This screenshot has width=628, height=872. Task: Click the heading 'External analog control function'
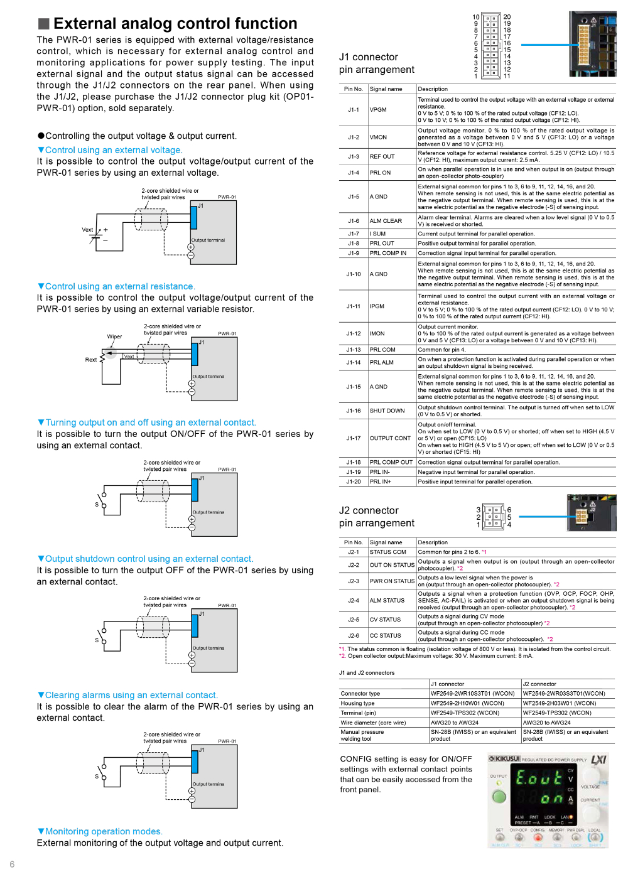pyautogui.click(x=175, y=24)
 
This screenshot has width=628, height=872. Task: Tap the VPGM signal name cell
pyautogui.click(x=378, y=110)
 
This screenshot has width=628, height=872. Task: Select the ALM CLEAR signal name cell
pyautogui.click(x=386, y=221)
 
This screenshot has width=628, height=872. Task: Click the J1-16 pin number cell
pyautogui.click(x=354, y=411)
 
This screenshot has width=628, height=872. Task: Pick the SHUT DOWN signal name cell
pyautogui.click(x=387, y=411)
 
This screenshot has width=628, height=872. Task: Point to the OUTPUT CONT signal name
pyautogui.click(x=390, y=438)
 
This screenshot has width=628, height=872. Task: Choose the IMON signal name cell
pyautogui.click(x=378, y=333)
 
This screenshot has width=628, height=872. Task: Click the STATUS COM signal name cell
pyautogui.click(x=387, y=552)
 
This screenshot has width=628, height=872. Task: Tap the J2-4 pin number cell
pyautogui.click(x=354, y=600)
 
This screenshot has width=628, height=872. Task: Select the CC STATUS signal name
pyautogui.click(x=385, y=635)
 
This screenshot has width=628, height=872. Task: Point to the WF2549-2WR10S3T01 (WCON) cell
pyautogui.click(x=472, y=694)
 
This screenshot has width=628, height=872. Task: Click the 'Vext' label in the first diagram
pyautogui.click(x=87, y=230)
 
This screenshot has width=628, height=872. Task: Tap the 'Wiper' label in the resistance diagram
pyautogui.click(x=114, y=336)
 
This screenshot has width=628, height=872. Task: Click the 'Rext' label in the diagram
pyautogui.click(x=91, y=360)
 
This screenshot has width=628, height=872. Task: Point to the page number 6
pyautogui.click(x=12, y=864)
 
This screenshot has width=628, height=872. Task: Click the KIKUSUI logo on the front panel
pyautogui.click(x=504, y=759)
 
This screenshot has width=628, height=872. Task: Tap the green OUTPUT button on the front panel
pyautogui.click(x=499, y=797)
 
